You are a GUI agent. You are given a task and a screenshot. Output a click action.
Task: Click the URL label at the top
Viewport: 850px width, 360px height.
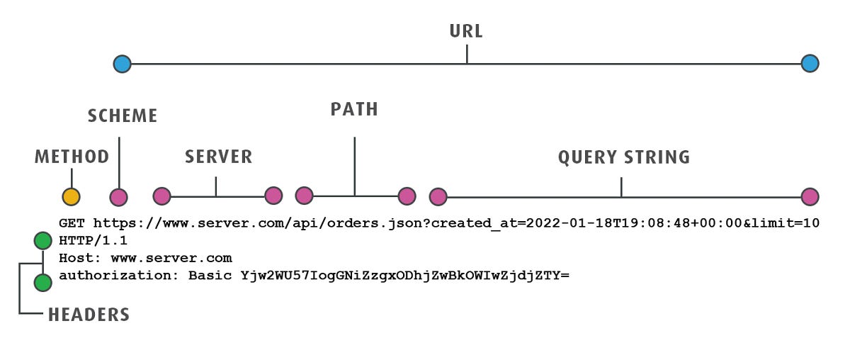coord(466,32)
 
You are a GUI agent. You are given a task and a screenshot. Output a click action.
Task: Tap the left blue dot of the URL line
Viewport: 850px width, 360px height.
coord(123,64)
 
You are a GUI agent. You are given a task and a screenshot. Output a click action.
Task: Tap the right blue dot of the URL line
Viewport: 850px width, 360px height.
coord(810,64)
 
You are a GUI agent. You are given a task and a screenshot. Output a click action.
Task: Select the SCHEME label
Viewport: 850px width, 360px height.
coord(123,116)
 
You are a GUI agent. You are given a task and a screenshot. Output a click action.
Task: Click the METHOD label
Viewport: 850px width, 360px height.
coord(72,157)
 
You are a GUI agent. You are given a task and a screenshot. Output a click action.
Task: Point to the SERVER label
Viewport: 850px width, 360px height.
coord(218,157)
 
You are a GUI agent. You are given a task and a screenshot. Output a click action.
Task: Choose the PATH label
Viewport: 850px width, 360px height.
coord(354,109)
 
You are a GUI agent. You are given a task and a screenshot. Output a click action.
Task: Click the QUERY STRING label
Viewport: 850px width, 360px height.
coord(623,157)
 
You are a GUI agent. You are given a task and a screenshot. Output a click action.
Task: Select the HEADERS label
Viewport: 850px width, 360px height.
coord(89,315)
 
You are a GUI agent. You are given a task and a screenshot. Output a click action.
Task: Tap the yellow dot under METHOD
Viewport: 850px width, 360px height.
coord(71,197)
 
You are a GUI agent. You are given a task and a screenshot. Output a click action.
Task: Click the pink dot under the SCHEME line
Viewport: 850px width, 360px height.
coord(119,197)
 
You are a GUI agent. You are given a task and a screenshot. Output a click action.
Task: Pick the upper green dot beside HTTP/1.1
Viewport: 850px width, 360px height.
coord(43,240)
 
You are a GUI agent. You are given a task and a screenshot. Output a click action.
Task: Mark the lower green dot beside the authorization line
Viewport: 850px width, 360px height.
coord(43,283)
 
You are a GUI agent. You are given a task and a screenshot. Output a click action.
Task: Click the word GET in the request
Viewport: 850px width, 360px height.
coord(72,223)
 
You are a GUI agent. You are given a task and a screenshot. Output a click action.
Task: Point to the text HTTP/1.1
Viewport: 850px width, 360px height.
coord(93,241)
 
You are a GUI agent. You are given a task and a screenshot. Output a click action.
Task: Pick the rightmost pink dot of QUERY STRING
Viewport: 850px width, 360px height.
coord(810,197)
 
